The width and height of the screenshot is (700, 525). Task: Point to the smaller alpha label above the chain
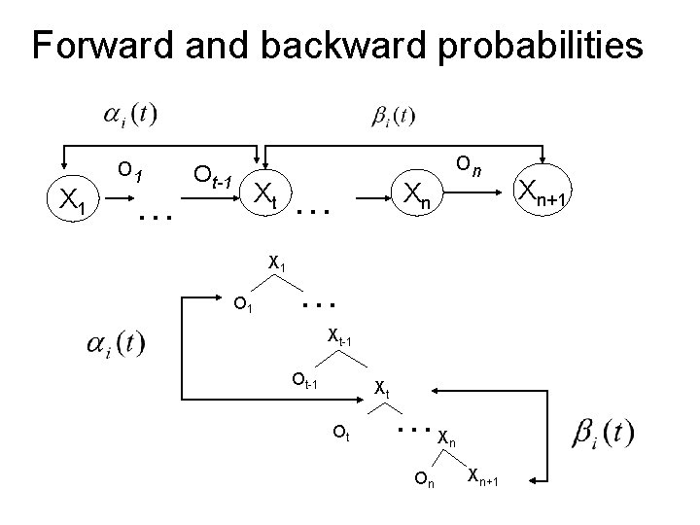[128, 116]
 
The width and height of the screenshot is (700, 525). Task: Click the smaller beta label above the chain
[393, 117]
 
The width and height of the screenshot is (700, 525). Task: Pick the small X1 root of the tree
[277, 262]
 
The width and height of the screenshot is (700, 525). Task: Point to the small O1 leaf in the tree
[245, 307]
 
